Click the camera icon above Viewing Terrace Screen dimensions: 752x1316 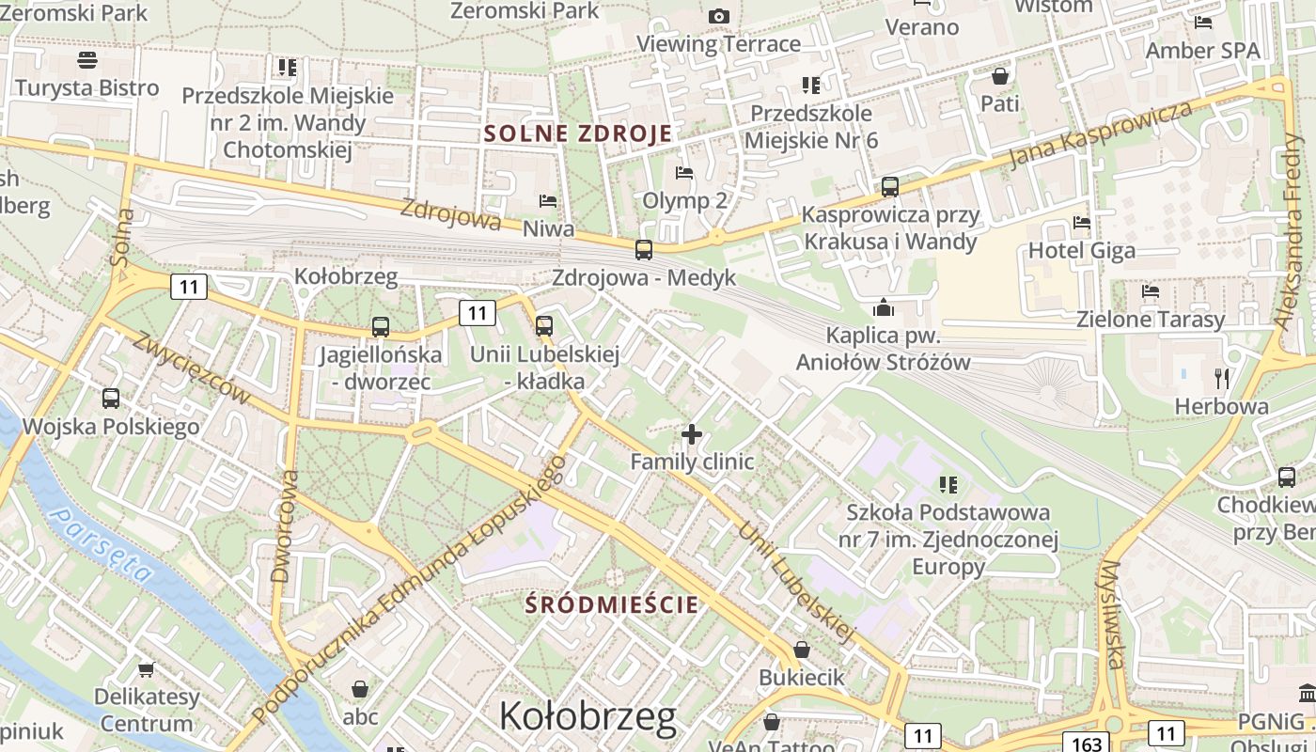[719, 16]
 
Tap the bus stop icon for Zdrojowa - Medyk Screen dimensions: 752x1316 [644, 250]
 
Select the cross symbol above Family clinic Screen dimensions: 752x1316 [692, 434]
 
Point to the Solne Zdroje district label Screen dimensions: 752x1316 [578, 133]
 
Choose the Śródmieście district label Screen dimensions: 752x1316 [612, 603]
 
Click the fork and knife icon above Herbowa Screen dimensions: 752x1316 [1222, 379]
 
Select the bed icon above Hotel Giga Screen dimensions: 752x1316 [1082, 223]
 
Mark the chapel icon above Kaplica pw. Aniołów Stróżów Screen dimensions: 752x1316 [884, 307]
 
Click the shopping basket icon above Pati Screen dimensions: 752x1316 [1000, 75]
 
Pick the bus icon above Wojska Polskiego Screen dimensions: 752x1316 [111, 399]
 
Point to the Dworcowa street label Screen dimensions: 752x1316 [284, 526]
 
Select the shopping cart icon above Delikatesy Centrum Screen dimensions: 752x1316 [146, 669]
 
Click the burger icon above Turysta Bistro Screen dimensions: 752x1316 [87, 60]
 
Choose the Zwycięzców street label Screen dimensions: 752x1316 [192, 368]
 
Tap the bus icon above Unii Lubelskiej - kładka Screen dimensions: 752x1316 [544, 326]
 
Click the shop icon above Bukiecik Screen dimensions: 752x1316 [802, 650]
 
